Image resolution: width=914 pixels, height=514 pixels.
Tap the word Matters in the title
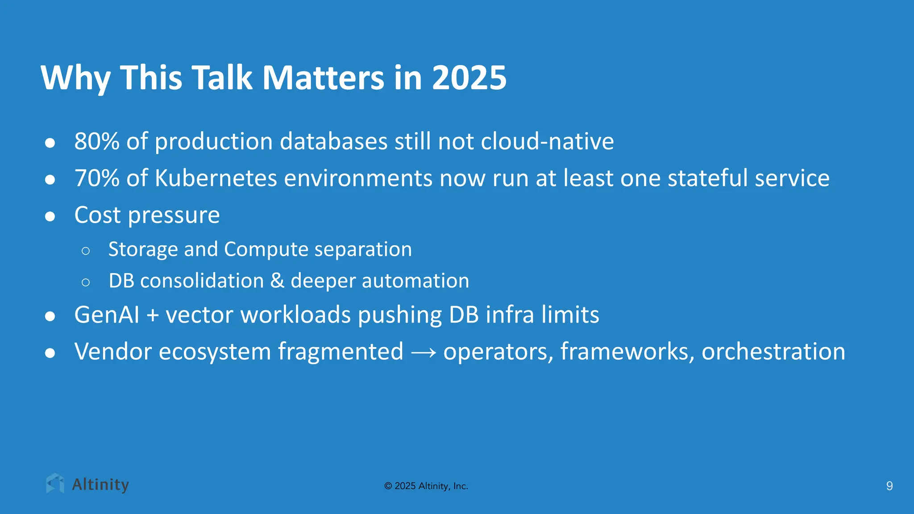pyautogui.click(x=323, y=78)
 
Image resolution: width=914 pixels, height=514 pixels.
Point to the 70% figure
pyautogui.click(x=97, y=178)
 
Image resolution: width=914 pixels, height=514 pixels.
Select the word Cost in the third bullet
pyautogui.click(x=97, y=215)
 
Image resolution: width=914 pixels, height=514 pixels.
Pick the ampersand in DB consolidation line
pyautogui.click(x=277, y=281)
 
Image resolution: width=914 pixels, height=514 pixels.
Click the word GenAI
pyautogui.click(x=107, y=315)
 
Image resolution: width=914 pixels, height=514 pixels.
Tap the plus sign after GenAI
pyautogui.click(x=153, y=315)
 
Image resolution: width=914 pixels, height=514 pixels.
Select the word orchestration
pyautogui.click(x=773, y=352)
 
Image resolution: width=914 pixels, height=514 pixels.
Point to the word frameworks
pyautogui.click(x=627, y=352)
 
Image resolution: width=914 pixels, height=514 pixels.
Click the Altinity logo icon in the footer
pyautogui.click(x=55, y=484)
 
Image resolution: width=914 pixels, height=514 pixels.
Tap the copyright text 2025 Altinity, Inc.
pyautogui.click(x=426, y=486)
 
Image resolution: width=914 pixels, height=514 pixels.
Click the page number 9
pyautogui.click(x=889, y=486)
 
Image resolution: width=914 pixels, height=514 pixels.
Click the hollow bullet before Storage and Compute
pyautogui.click(x=86, y=251)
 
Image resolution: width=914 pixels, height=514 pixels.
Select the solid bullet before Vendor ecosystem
pyautogui.click(x=50, y=353)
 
